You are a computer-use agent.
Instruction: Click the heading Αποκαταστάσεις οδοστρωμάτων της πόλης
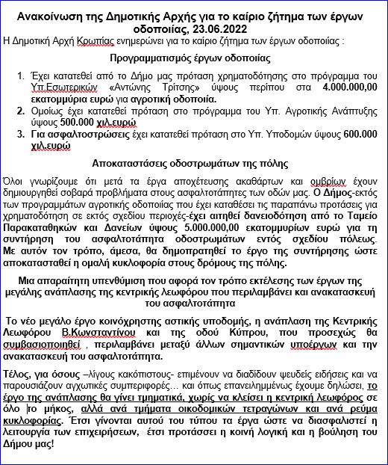(x=193, y=161)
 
